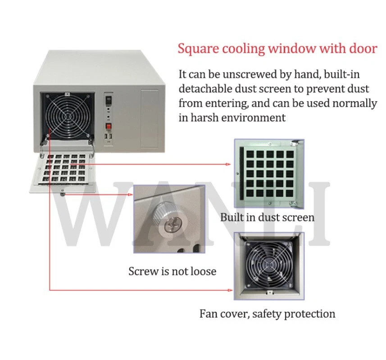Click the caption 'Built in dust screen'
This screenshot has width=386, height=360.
(267, 218)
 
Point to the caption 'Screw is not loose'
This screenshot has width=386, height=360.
(172, 271)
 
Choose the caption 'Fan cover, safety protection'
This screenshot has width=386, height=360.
(267, 314)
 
